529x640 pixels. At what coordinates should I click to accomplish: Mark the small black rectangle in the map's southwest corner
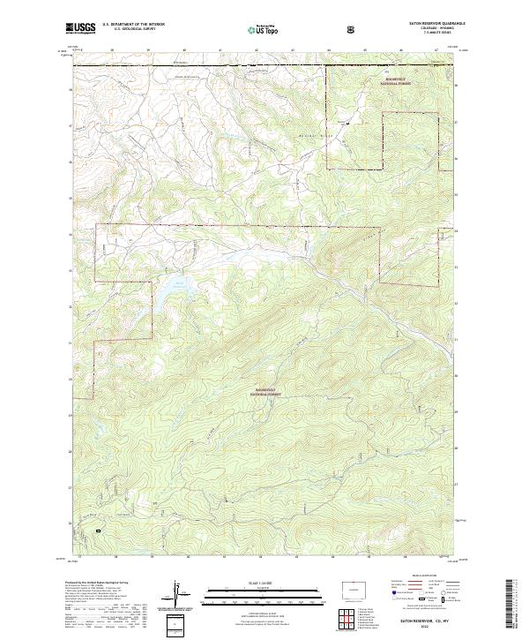[x=98, y=531]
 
